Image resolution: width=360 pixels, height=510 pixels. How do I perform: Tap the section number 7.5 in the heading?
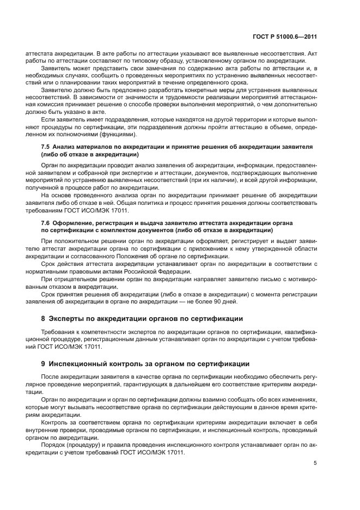pyautogui.click(x=46, y=148)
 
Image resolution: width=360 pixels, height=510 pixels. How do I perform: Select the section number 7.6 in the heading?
pyautogui.click(x=46, y=223)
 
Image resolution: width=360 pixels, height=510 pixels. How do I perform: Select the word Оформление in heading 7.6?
pyautogui.click(x=76, y=223)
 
